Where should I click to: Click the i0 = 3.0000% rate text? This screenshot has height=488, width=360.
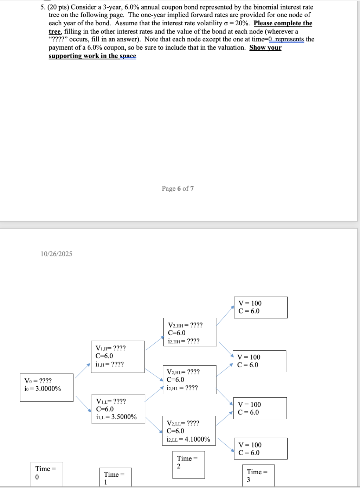pos(43,389)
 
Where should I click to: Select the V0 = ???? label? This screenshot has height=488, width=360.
pos(38,381)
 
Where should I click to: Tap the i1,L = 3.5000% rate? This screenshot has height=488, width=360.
pos(116,417)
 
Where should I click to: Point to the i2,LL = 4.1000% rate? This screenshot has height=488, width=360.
pos(188,439)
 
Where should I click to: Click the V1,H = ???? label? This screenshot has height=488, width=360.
pos(110,348)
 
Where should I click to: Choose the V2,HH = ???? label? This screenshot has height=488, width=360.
pos(185,325)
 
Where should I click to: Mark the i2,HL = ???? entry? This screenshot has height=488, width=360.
pos(182,388)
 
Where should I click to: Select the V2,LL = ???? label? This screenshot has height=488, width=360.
pos(183,423)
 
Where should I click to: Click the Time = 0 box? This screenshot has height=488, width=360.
pos(47,474)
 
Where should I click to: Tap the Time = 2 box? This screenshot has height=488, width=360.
pos(188,465)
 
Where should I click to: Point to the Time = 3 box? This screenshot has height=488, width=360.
pos(258,475)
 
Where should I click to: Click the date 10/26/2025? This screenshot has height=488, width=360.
pos(56,254)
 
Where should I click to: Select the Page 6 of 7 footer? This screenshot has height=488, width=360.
pos(178,188)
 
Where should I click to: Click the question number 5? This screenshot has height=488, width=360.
pos(43,7)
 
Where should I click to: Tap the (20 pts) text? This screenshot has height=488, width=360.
pos(58,7)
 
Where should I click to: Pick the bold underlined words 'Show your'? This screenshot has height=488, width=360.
pos(265,47)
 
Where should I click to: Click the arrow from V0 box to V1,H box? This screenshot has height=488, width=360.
pos(83,371)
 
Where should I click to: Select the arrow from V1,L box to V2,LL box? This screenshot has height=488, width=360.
pos(154,425)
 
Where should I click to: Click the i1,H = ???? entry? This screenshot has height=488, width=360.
pos(110,364)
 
